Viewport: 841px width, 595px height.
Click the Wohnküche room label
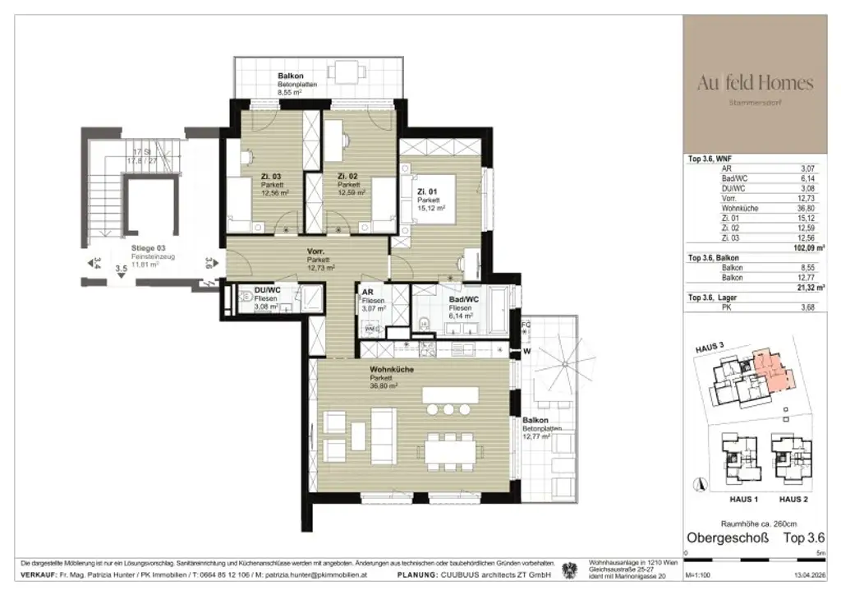pyautogui.click(x=392, y=369)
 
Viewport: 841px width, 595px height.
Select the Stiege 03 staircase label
pyautogui.click(x=149, y=247)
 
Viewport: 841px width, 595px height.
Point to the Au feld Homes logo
pyautogui.click(x=755, y=83)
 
